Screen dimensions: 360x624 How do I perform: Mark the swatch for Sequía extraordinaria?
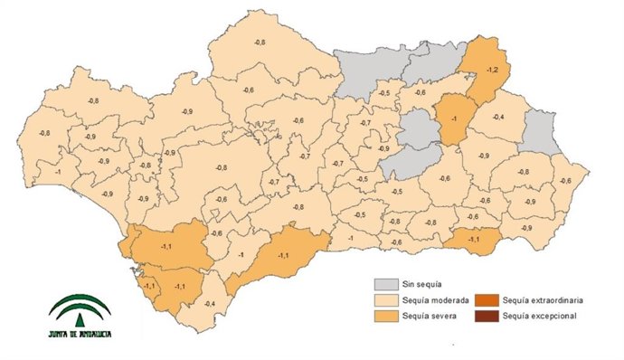489,300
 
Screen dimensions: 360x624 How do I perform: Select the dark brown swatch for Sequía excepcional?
489,316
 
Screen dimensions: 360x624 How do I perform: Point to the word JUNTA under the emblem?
61,334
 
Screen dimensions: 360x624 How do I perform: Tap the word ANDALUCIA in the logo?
94,334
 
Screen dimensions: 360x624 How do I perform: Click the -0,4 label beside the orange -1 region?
498,118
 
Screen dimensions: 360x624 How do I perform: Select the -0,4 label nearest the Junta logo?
210,304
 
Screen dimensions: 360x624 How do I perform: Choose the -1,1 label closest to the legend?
474,239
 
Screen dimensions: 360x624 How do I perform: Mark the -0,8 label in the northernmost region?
260,43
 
